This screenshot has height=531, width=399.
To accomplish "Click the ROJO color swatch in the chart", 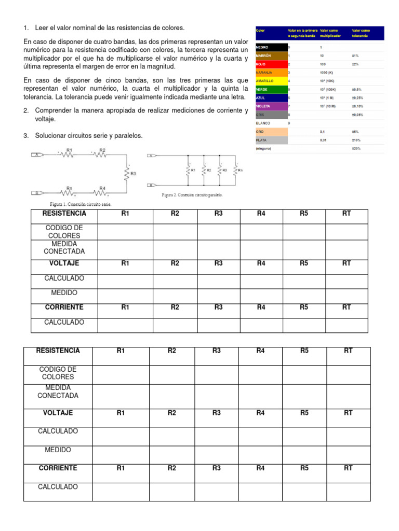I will pyautogui.click(x=270, y=64).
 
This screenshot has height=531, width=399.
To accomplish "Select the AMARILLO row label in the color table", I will pyautogui.click(x=265, y=81).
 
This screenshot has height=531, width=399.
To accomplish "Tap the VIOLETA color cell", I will pyautogui.click(x=270, y=106).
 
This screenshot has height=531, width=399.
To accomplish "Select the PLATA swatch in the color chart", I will pyautogui.click(x=270, y=140).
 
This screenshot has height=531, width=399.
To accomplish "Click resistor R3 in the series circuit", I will pyautogui.click(x=126, y=174).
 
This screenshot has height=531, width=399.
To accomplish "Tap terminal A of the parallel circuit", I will pyautogui.click(x=152, y=156).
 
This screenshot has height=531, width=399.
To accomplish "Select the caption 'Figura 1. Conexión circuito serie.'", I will pyautogui.click(x=81, y=204).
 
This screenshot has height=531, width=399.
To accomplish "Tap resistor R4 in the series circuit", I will pyautogui.click(x=102, y=192).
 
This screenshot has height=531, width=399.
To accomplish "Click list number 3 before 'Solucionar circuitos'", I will pyautogui.click(x=25, y=136).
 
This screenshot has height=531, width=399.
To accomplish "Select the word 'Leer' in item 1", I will pyautogui.click(x=42, y=27).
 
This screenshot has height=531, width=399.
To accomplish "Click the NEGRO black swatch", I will pyautogui.click(x=270, y=47).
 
